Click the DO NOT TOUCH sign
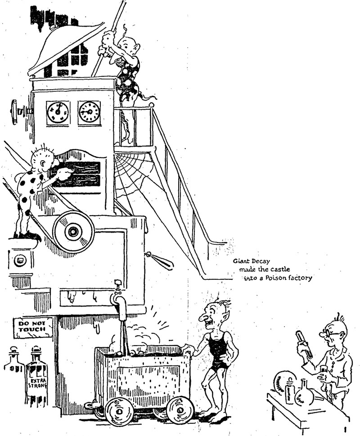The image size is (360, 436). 33,328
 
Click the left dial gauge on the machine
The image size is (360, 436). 58,112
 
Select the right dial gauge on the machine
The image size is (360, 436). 90,112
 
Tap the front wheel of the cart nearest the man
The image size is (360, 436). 180,410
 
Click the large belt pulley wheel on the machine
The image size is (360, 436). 73,231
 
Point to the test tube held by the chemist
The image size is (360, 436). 304,344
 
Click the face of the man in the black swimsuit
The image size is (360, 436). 210,315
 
